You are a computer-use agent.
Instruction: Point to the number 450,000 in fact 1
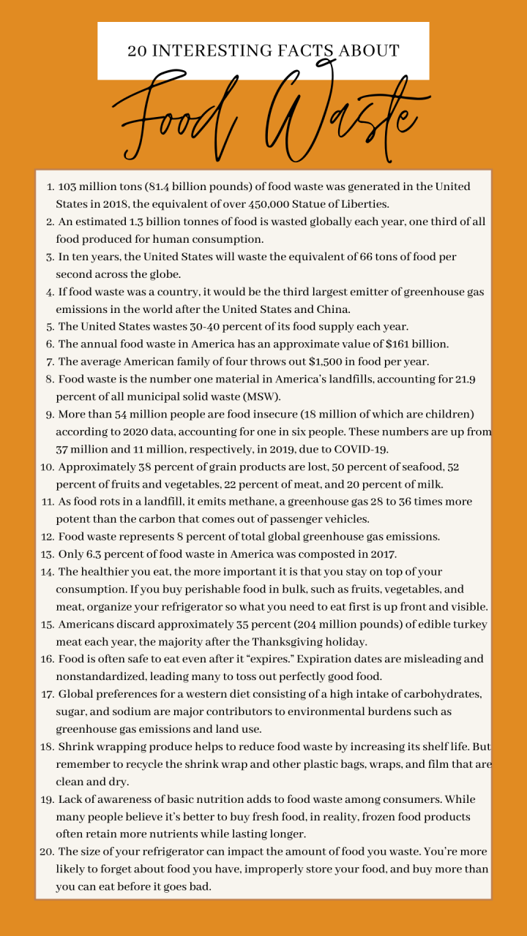302,204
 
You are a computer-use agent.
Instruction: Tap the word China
310,309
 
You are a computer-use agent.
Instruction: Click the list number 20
46,852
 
